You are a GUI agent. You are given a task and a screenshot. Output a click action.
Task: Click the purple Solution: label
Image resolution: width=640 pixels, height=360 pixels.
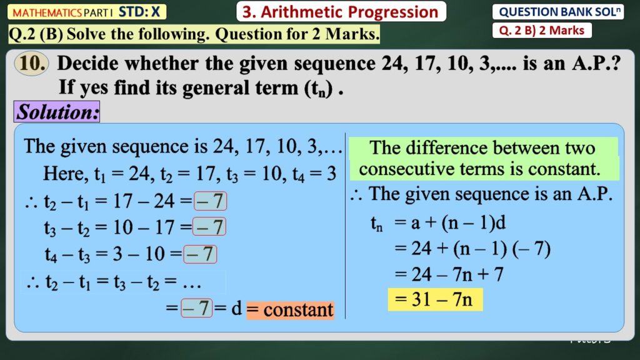57,112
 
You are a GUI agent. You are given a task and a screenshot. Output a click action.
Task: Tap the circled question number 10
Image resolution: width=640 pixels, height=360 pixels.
32,64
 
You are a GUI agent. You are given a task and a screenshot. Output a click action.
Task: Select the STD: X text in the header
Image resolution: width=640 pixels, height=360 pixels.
139,12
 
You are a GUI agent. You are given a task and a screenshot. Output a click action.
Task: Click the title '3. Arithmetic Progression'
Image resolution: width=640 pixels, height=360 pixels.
341,12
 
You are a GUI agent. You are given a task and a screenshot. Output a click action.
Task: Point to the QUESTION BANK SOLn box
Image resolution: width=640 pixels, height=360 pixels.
558,12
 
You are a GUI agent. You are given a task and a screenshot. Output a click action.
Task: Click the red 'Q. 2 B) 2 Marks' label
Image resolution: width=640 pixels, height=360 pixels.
542,30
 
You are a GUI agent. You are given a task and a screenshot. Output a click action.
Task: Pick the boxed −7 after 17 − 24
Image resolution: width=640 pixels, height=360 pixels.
210,201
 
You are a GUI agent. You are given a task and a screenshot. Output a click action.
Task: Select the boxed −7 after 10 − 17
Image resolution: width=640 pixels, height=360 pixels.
209,227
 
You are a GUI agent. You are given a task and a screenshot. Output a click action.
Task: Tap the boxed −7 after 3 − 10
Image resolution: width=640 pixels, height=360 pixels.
200,254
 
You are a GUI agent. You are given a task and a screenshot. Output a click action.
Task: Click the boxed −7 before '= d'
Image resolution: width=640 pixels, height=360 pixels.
197,307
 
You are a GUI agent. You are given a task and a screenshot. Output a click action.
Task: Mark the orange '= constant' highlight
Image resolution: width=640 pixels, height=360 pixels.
290,310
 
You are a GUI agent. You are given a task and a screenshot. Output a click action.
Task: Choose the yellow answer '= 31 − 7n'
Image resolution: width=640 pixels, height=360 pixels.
435,299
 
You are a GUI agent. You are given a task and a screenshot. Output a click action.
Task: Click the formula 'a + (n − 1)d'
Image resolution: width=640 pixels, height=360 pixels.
458,223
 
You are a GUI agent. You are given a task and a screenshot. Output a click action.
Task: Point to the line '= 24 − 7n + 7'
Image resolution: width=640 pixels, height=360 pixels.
449,274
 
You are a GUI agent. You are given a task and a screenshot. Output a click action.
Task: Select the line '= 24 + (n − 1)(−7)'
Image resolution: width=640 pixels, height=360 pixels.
472,249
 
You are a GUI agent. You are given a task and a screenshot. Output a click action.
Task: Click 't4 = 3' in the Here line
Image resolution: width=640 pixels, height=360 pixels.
314,174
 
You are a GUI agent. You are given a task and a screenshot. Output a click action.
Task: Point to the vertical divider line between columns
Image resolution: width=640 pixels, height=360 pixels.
345,225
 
